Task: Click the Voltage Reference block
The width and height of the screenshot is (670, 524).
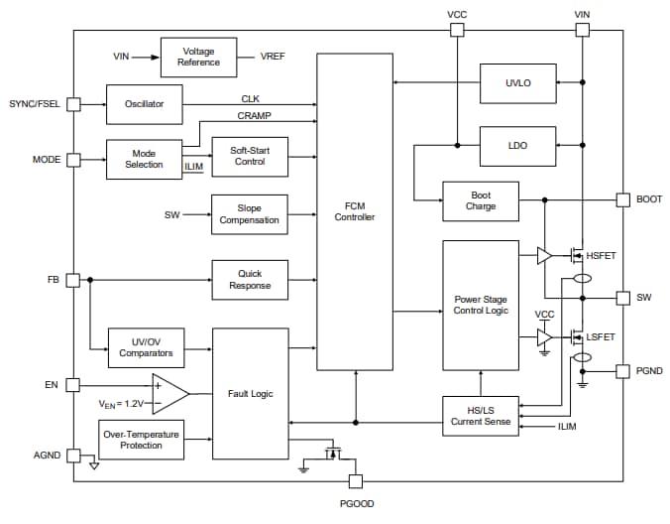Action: [198, 57]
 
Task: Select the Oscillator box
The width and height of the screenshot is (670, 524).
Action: [144, 103]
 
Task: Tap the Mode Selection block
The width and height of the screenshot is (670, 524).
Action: [144, 159]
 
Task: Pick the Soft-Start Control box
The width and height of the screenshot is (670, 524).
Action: [250, 156]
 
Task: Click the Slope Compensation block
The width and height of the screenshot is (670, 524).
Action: [250, 213]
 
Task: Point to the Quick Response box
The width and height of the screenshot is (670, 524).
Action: [250, 280]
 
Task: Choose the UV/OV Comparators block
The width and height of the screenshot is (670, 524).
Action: [146, 346]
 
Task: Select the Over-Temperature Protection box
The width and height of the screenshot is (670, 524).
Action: [146, 440]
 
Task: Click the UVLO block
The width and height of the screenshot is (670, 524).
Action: [517, 82]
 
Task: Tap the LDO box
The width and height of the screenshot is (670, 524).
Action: [517, 145]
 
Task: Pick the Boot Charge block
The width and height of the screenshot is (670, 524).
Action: [480, 200]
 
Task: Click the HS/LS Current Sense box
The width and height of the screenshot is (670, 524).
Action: [480, 415]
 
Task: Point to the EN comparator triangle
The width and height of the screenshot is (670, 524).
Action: [167, 394]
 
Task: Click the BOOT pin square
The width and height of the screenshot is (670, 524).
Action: [622, 199]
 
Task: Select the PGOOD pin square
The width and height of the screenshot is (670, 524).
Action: [355, 482]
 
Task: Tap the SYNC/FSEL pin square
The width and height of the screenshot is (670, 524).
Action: [72, 103]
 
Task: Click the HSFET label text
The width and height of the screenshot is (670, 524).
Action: [601, 256]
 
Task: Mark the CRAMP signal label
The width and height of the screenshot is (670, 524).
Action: [255, 116]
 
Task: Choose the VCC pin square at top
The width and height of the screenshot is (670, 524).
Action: [457, 31]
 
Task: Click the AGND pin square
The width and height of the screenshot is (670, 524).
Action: [72, 456]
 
